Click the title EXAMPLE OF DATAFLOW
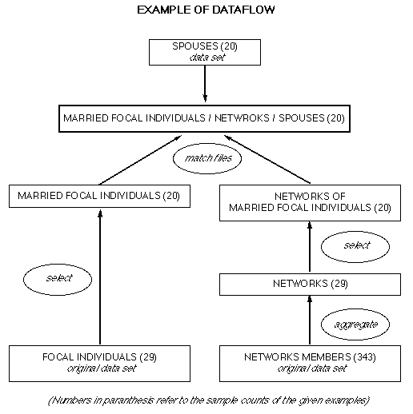coord(206,10)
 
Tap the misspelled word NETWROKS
coord(242,118)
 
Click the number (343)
coord(364,357)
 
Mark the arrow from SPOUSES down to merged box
coord(205,84)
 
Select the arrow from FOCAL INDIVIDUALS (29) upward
coord(100,277)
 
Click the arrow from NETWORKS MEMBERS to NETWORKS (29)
coord(310,320)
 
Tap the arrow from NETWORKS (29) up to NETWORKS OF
coord(310,247)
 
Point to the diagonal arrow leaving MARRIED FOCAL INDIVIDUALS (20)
coord(140,160)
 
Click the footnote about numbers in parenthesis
coord(209,400)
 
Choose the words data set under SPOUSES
coord(207,58)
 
